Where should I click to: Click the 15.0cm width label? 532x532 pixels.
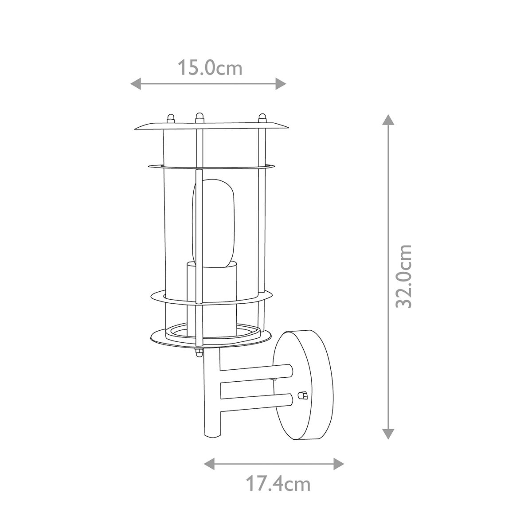pyautogui.click(x=210, y=68)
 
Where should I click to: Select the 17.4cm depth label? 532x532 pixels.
pyautogui.click(x=278, y=484)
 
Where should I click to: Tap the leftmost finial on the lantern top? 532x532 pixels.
pyautogui.click(x=170, y=119)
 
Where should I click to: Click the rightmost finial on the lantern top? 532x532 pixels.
pyautogui.click(x=262, y=118)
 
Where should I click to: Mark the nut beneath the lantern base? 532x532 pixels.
pyautogui.click(x=198, y=352)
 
